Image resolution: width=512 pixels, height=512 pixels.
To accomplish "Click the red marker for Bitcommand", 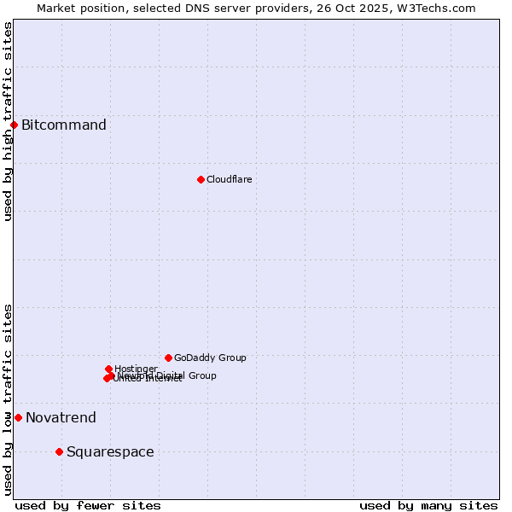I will click(x=14, y=125).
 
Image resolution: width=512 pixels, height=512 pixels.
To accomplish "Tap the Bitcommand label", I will click(x=64, y=125).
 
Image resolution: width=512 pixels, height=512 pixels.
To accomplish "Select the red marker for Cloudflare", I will click(x=201, y=179).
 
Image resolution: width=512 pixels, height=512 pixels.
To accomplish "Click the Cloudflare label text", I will click(x=229, y=179).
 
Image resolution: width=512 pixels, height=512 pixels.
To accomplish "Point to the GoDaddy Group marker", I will click(x=168, y=358).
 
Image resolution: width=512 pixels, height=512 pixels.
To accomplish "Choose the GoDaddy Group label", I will click(x=210, y=358).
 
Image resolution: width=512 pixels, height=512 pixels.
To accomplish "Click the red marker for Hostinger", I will click(x=108, y=369).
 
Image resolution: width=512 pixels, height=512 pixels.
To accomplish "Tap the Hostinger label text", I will click(x=136, y=369).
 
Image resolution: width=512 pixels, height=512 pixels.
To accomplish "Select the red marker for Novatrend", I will click(x=18, y=417).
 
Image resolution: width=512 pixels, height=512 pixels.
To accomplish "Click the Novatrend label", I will click(x=61, y=418).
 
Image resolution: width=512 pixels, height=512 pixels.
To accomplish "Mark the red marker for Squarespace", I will click(x=59, y=451).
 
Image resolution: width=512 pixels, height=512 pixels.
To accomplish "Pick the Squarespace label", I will click(x=110, y=452).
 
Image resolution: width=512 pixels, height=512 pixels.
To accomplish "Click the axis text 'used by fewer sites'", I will click(x=88, y=505).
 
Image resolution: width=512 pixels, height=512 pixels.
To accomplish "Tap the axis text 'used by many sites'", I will click(x=428, y=505).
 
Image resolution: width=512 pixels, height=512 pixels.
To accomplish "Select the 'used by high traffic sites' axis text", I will click(x=8, y=121).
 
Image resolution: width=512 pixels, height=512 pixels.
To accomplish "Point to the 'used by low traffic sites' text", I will click(x=8, y=399).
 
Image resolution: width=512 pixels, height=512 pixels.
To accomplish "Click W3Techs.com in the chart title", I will click(x=439, y=8).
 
